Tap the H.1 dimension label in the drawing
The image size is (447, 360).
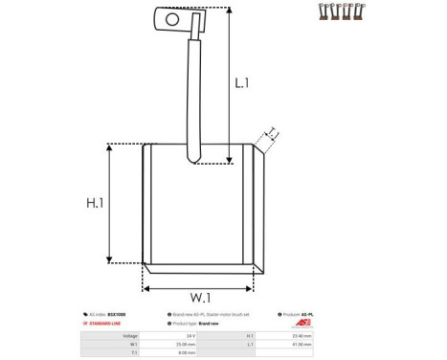click(x=94, y=203)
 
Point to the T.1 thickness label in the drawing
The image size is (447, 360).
click(x=272, y=132)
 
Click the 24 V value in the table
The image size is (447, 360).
click(x=191, y=336)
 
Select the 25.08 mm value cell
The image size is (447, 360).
click(x=186, y=344)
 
